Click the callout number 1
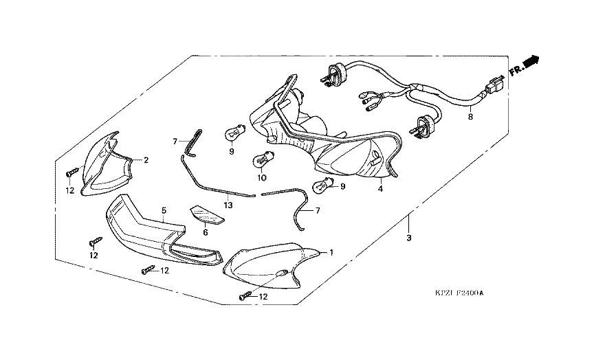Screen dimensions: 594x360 [331, 252]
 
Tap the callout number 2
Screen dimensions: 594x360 [146, 159]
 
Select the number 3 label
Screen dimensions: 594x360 [408, 238]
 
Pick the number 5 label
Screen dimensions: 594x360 [164, 210]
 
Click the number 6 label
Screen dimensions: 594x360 [205, 232]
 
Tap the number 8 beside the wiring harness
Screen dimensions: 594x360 [470, 117]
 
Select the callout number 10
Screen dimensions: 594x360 [261, 177]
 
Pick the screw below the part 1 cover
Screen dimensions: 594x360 [245, 296]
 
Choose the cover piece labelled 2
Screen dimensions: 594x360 [107, 165]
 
